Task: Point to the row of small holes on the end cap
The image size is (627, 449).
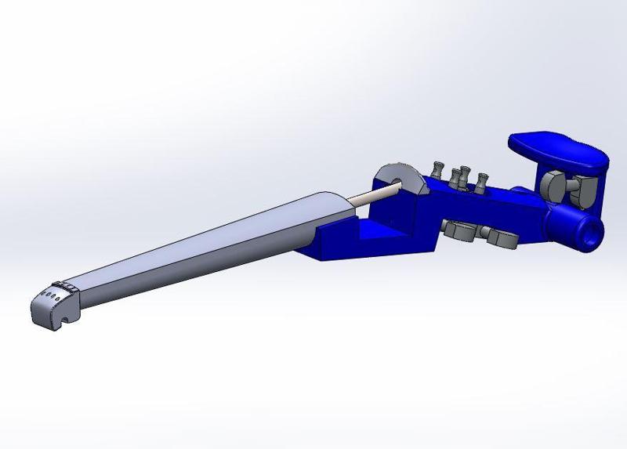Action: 48,297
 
